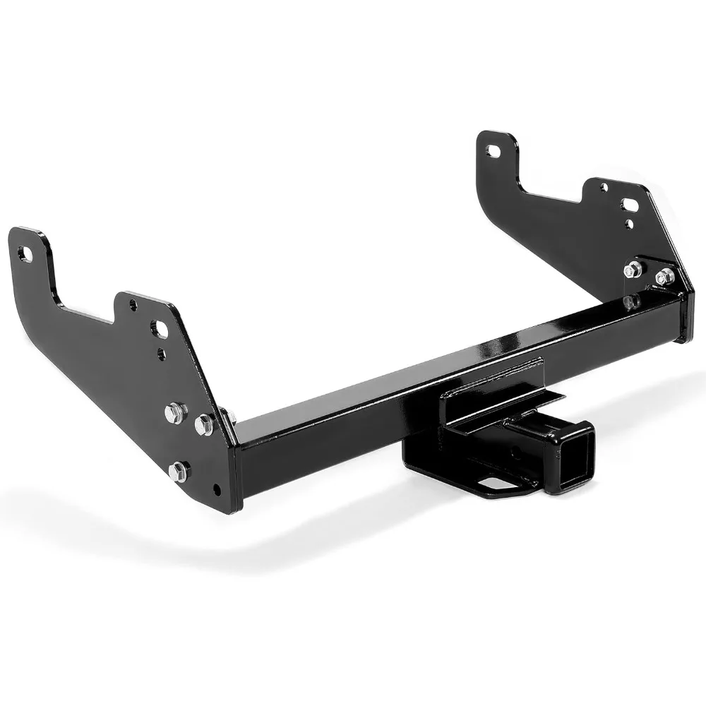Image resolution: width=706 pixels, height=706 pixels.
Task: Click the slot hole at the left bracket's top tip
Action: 25,254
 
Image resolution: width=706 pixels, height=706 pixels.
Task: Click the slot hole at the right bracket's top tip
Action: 493,150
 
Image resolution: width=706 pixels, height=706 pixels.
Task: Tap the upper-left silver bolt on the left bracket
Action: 175,412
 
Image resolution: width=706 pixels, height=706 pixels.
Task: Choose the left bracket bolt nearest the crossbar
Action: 205,424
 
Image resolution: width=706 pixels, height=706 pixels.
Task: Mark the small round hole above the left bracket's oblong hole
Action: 133,305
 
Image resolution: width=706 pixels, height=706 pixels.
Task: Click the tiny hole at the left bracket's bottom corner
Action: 217,490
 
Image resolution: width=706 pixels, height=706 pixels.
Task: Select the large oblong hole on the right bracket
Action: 630,205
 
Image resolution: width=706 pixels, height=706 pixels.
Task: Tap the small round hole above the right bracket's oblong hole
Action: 604,187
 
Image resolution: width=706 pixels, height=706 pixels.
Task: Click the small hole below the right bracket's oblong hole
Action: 630,225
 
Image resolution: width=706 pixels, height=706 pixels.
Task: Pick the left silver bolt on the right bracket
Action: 633,269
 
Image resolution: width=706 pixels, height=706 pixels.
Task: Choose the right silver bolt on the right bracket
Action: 664,277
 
